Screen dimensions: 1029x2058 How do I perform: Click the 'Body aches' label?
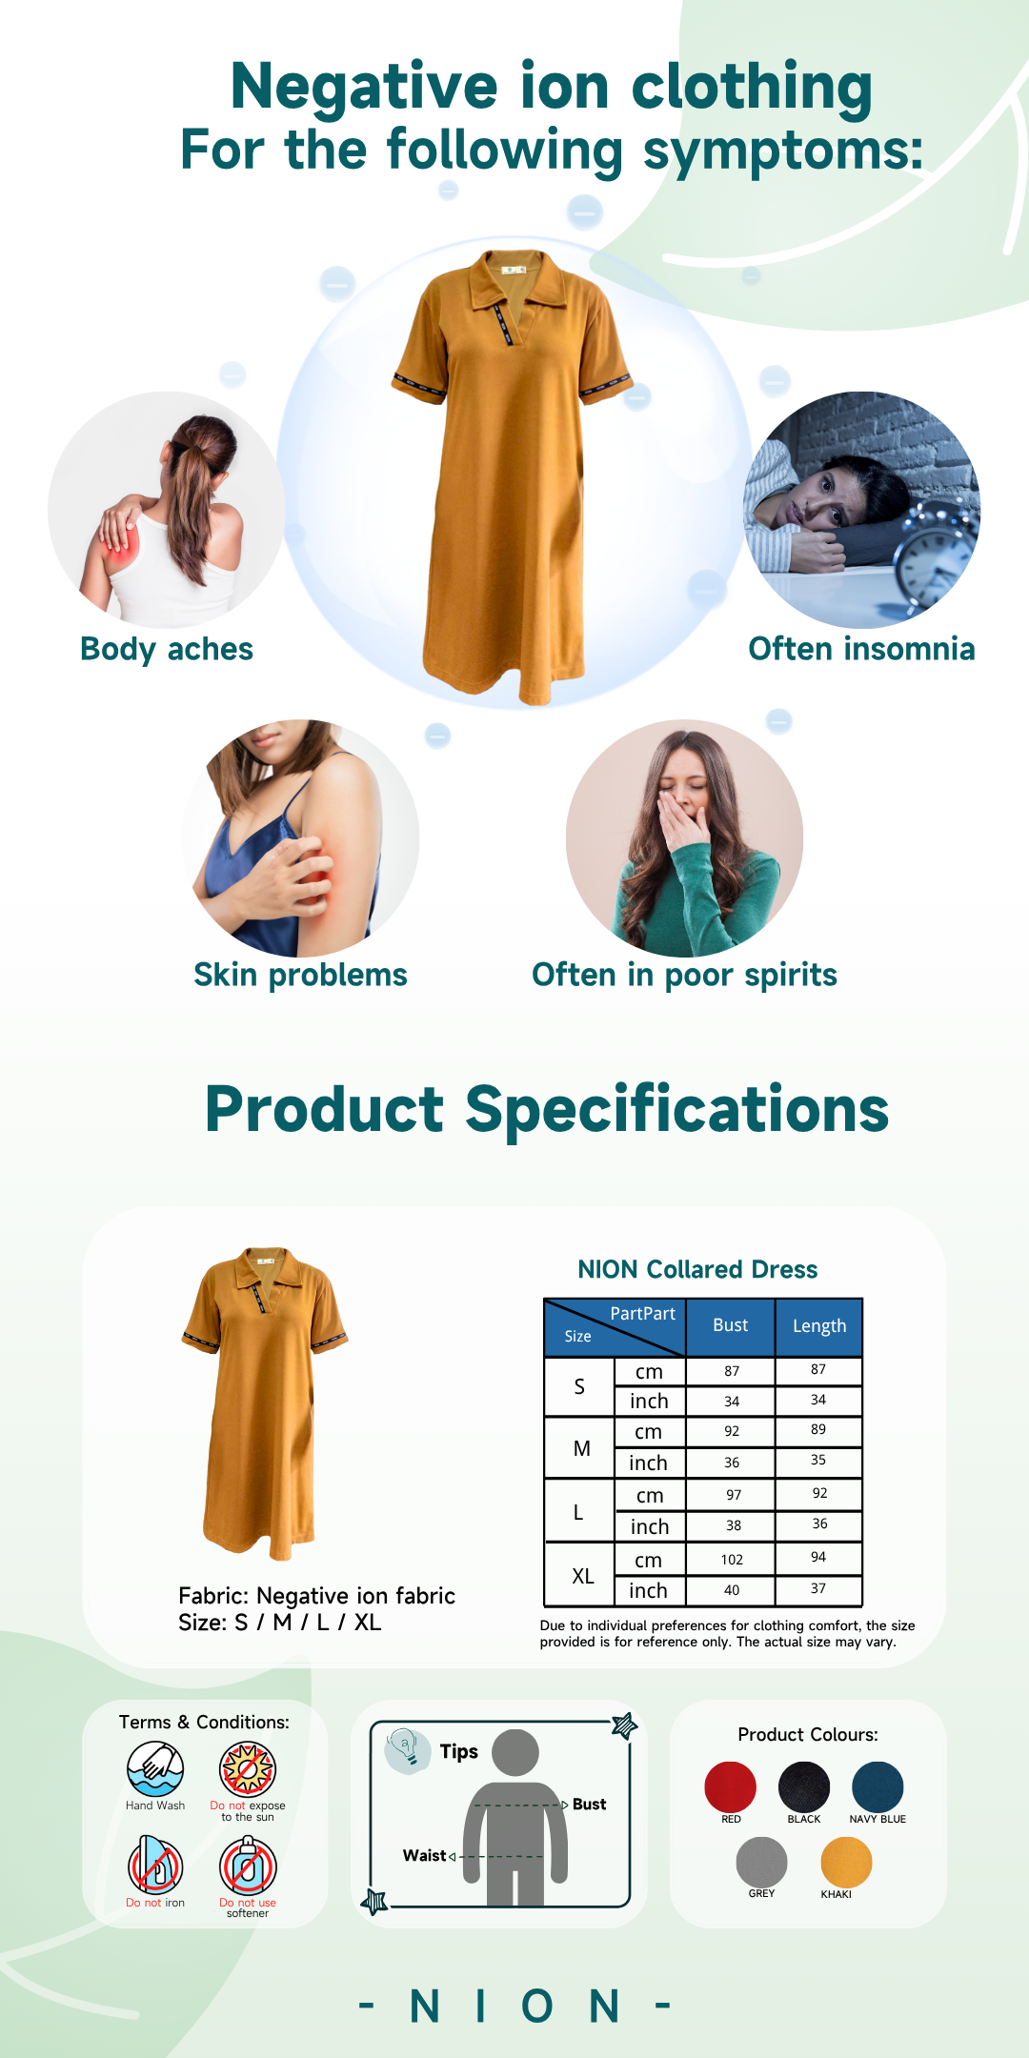click(167, 649)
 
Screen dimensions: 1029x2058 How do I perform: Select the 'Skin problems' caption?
click(300, 975)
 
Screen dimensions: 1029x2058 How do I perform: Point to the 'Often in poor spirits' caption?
click(684, 975)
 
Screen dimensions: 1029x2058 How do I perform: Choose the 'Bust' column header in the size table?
click(731, 1325)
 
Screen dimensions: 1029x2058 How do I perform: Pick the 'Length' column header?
click(819, 1326)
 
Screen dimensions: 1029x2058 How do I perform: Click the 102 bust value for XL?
click(732, 1560)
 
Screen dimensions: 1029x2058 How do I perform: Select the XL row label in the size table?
click(583, 1576)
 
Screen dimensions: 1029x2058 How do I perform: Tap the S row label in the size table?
click(579, 1387)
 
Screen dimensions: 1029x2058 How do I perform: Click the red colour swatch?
click(731, 1787)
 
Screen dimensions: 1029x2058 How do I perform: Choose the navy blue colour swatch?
click(878, 1787)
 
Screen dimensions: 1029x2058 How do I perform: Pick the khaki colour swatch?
click(846, 1863)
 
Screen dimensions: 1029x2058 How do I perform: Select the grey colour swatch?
click(762, 1863)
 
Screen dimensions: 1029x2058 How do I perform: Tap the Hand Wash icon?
click(155, 1769)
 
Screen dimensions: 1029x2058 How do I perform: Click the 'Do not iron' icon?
click(155, 1866)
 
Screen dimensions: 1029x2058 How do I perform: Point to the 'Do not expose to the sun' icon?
click(248, 1769)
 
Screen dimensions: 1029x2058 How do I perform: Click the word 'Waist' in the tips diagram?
click(424, 1855)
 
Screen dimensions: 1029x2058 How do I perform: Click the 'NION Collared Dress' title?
click(697, 1269)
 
